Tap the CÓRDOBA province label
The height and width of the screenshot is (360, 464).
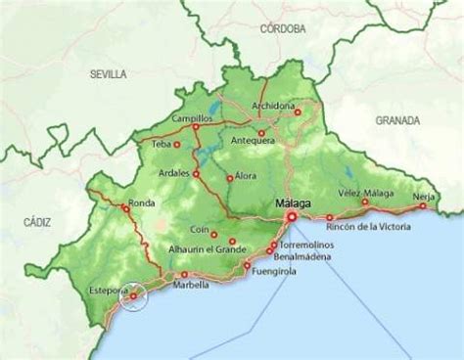[285, 29]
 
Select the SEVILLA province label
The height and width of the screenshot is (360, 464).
[108, 73]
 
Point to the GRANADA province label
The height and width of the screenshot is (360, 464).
[396, 119]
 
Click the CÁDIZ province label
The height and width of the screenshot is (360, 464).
[36, 224]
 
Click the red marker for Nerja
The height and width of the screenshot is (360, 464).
[423, 206]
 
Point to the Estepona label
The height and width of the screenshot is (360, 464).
[105, 291]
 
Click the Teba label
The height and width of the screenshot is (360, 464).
[162, 144]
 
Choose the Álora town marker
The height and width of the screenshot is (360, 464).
[229, 178]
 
